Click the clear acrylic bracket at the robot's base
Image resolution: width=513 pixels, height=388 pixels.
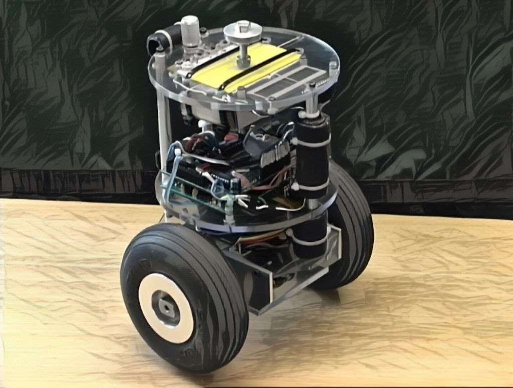tap(281, 285)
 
